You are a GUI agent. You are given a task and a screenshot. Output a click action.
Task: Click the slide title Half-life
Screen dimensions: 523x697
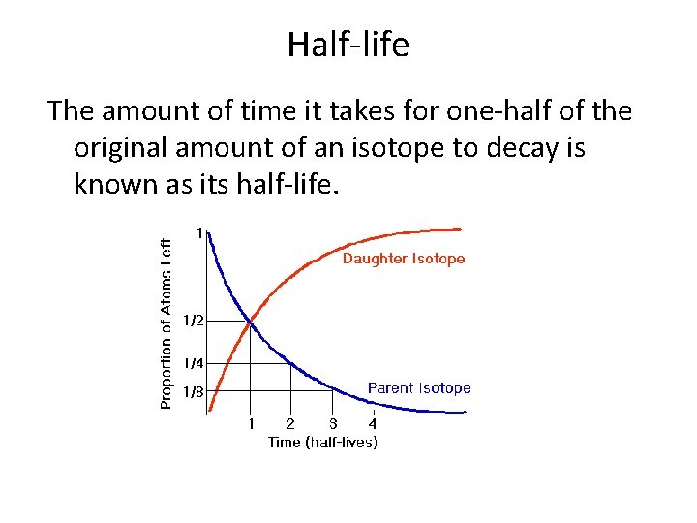348,45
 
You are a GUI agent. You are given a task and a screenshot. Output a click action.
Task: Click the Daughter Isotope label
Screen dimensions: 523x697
404,259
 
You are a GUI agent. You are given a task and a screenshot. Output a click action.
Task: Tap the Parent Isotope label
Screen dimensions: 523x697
419,388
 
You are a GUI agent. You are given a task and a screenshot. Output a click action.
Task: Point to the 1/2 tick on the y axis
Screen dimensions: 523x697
193,320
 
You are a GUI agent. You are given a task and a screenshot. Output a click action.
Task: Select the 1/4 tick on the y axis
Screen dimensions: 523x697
193,363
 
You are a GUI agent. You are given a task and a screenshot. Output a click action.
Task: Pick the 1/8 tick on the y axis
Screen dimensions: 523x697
193,392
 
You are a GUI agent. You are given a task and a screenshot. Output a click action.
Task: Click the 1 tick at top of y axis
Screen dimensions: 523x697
199,233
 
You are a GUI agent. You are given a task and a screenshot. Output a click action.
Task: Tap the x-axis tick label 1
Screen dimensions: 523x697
251,424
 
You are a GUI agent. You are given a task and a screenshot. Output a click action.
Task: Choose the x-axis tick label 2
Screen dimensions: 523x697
290,424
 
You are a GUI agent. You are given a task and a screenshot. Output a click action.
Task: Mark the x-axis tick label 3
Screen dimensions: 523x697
332,424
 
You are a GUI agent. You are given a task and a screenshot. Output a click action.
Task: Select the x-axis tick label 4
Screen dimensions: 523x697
373,424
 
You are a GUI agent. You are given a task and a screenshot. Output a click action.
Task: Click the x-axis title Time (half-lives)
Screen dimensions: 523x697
322,443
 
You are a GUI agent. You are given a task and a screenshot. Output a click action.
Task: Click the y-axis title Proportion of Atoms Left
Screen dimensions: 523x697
167,323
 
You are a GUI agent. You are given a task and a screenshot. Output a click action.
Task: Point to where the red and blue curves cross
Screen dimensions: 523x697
251,321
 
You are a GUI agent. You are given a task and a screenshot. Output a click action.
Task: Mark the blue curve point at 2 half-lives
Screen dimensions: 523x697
290,362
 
